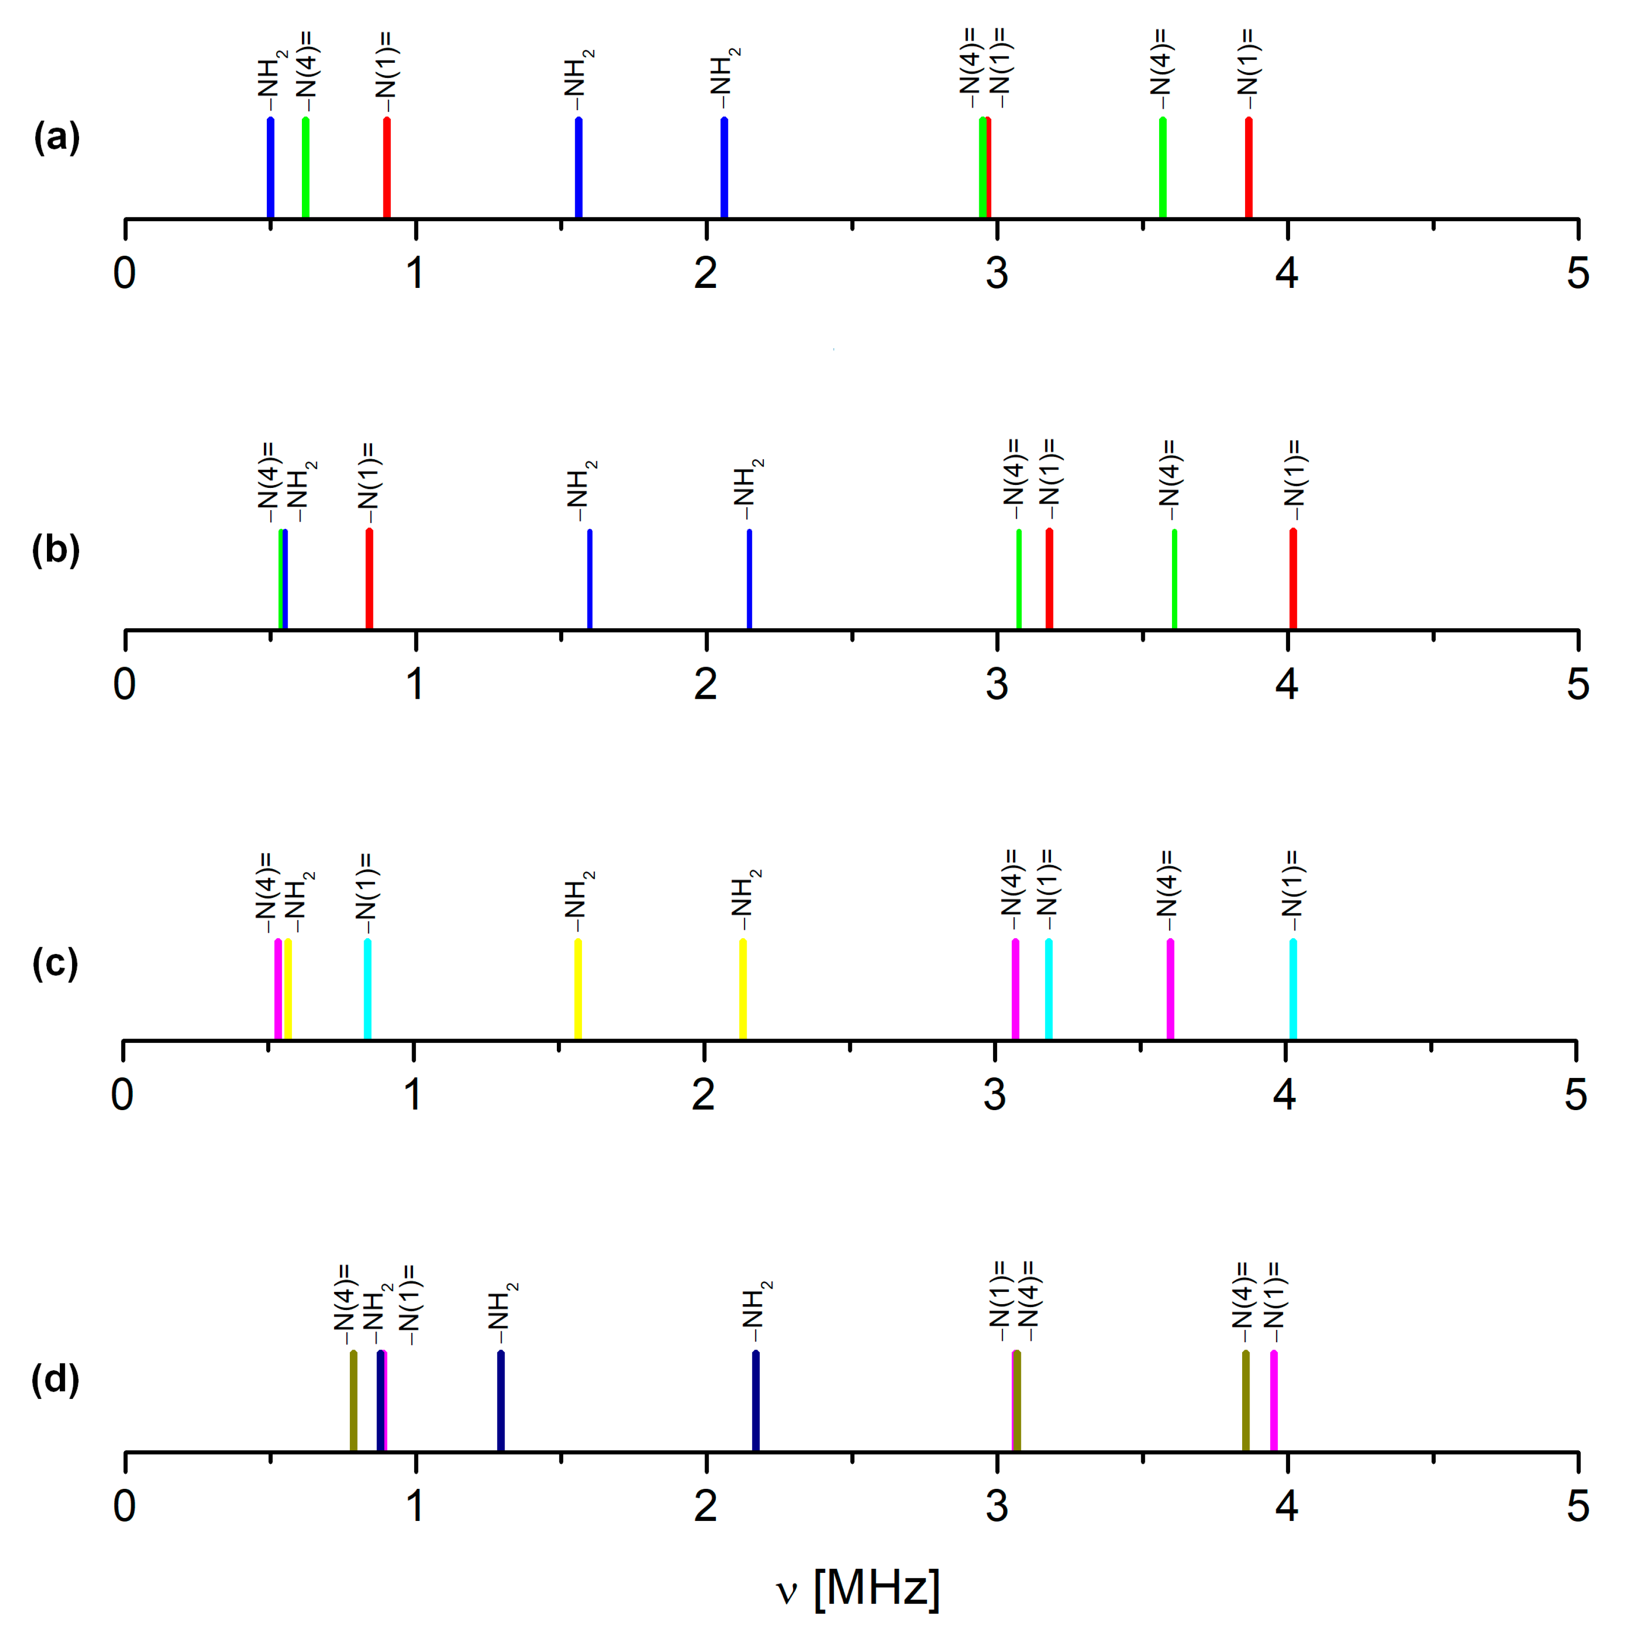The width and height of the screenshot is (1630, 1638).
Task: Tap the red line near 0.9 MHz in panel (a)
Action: (x=387, y=168)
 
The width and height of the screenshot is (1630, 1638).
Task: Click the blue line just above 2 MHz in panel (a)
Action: (x=724, y=168)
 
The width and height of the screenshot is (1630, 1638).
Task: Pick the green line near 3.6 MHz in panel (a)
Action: (x=1163, y=168)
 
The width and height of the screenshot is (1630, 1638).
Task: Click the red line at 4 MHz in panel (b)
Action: (x=1294, y=579)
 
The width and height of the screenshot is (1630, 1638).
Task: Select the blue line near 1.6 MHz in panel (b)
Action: (x=589, y=579)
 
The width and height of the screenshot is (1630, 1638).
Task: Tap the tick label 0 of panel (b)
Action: (x=125, y=683)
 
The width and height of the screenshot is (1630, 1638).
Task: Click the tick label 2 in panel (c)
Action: (x=703, y=1094)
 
